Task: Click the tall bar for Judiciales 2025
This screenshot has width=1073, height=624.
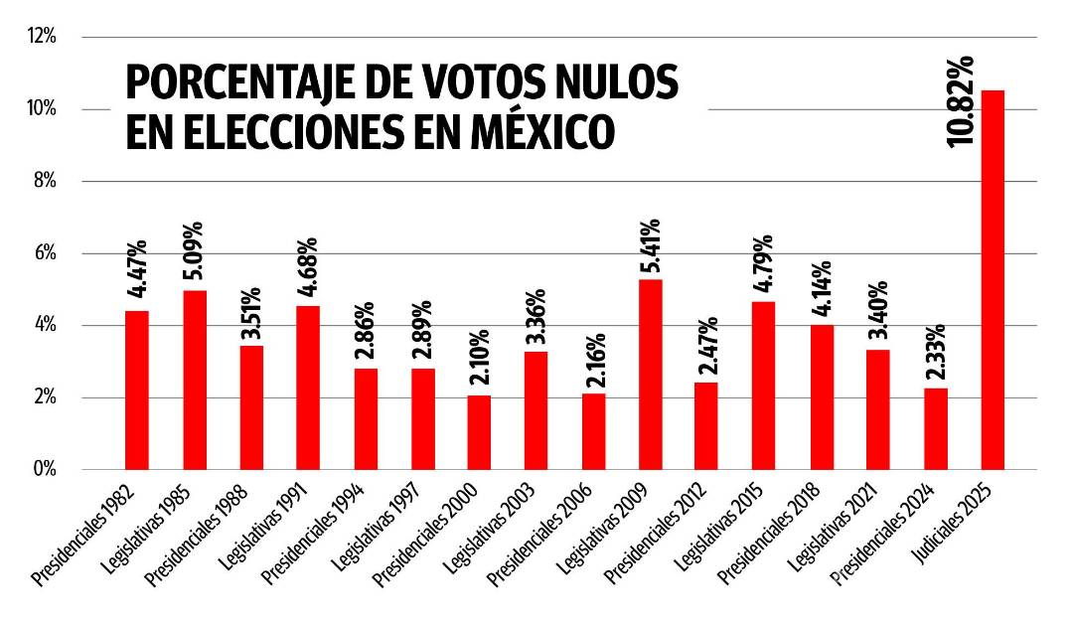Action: tap(992, 280)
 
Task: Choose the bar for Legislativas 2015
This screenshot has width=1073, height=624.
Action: tap(764, 386)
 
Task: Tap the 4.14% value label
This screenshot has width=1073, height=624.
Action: tap(822, 291)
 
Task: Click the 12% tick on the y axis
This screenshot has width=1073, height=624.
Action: tap(42, 37)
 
